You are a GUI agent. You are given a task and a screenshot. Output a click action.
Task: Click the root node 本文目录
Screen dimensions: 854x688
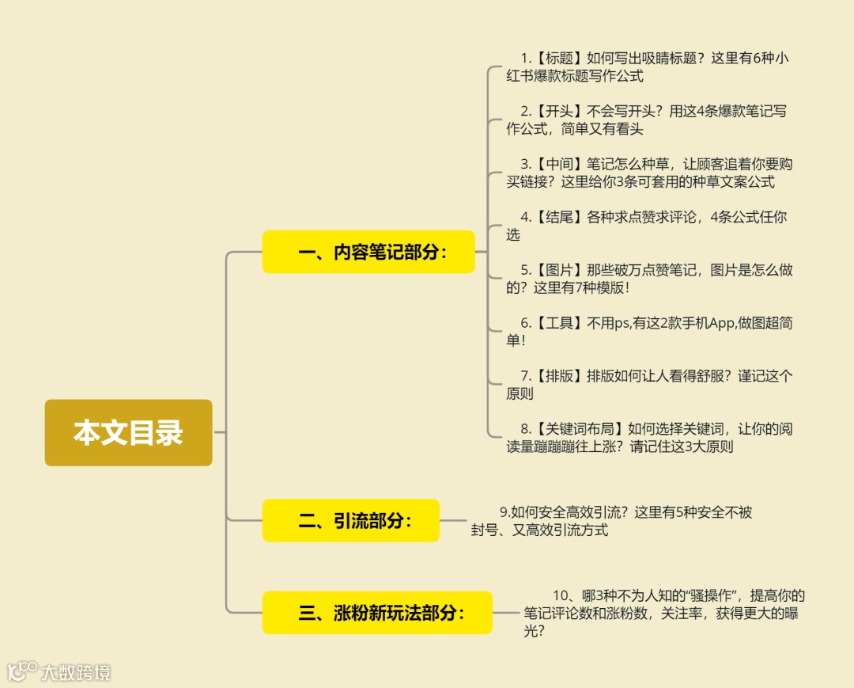(x=128, y=432)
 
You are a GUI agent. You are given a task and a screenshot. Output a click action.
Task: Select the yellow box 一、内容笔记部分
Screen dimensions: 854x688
(x=368, y=252)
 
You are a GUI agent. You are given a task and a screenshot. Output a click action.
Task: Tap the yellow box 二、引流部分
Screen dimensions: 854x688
(x=350, y=520)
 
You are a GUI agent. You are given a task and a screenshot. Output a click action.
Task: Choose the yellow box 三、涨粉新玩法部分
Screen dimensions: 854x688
(x=377, y=613)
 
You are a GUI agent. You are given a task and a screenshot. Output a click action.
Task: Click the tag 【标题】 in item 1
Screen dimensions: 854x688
(x=559, y=58)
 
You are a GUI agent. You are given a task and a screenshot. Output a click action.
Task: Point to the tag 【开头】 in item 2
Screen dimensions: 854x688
(x=559, y=111)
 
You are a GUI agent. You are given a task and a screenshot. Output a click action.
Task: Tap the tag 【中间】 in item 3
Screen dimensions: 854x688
(x=559, y=164)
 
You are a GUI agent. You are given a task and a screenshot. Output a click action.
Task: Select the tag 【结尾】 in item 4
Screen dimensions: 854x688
(x=559, y=217)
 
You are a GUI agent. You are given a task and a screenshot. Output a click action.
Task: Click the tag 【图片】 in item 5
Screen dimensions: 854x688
(x=559, y=270)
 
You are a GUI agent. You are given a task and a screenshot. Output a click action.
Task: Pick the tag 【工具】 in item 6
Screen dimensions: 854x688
(x=559, y=323)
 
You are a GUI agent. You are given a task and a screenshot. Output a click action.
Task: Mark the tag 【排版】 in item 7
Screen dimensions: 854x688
(x=559, y=376)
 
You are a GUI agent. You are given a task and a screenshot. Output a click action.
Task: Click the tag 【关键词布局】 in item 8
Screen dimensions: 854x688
(x=580, y=429)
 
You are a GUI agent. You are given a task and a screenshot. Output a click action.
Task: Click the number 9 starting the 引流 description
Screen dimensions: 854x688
(x=504, y=512)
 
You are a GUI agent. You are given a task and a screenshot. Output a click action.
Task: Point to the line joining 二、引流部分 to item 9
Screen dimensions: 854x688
(x=454, y=520)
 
